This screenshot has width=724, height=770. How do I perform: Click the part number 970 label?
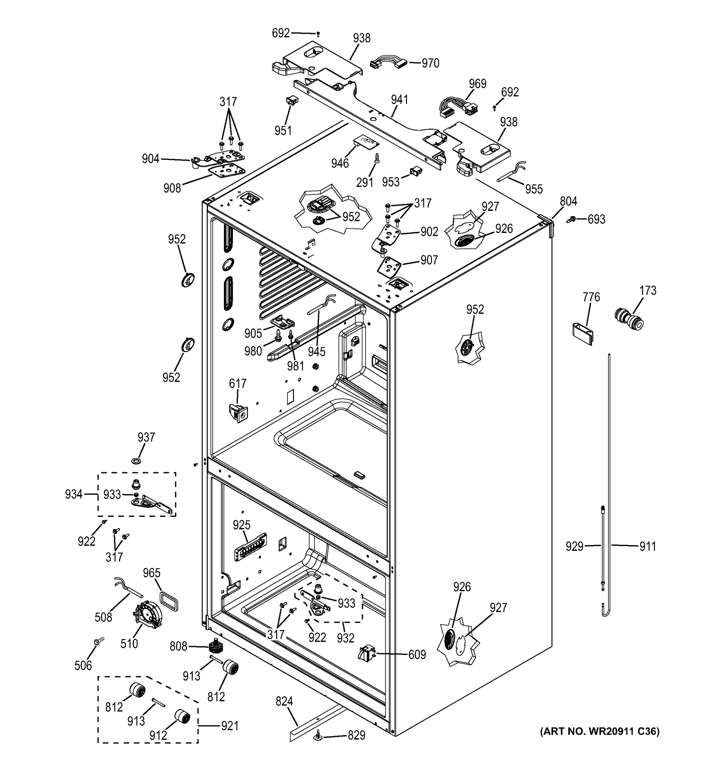pos(430,63)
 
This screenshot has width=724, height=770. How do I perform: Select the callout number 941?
pos(400,100)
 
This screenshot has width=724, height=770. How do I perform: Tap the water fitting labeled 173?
pos(629,319)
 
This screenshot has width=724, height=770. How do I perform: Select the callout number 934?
pos(74,494)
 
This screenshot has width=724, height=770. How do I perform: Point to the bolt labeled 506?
pos(99,642)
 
